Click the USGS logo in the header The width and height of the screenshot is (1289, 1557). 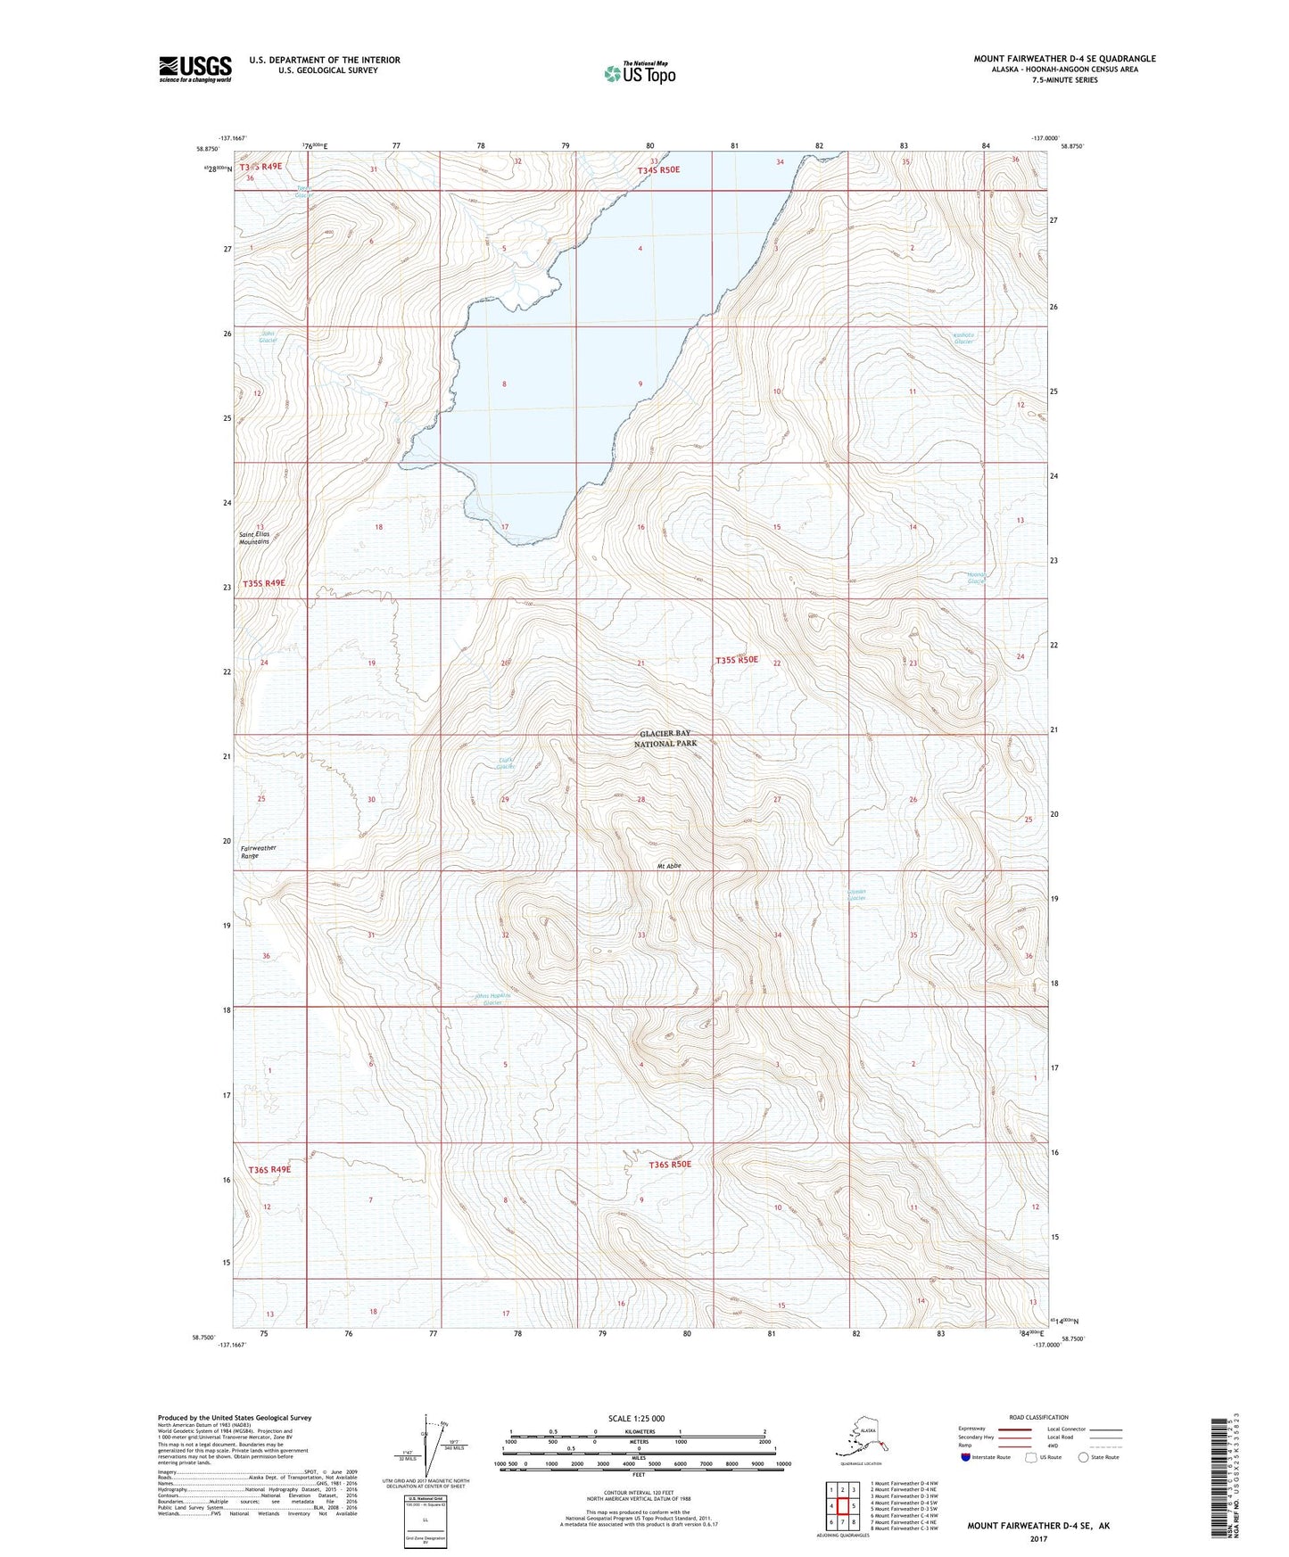[194, 69]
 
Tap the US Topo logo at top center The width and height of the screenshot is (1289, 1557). [639, 72]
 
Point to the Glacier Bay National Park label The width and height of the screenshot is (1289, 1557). [665, 737]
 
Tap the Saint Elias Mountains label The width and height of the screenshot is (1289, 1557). [254, 538]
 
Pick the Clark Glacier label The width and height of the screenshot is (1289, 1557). [506, 763]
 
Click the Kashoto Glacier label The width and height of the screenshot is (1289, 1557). [963, 339]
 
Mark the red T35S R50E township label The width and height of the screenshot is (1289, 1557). [737, 660]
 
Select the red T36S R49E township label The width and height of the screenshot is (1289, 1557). [269, 1169]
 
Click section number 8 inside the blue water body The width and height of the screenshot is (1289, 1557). [504, 384]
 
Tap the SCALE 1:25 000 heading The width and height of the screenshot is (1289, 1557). [636, 1418]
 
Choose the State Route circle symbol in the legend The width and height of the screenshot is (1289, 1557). [1084, 1457]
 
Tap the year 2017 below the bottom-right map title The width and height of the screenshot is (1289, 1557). [1038, 1539]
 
